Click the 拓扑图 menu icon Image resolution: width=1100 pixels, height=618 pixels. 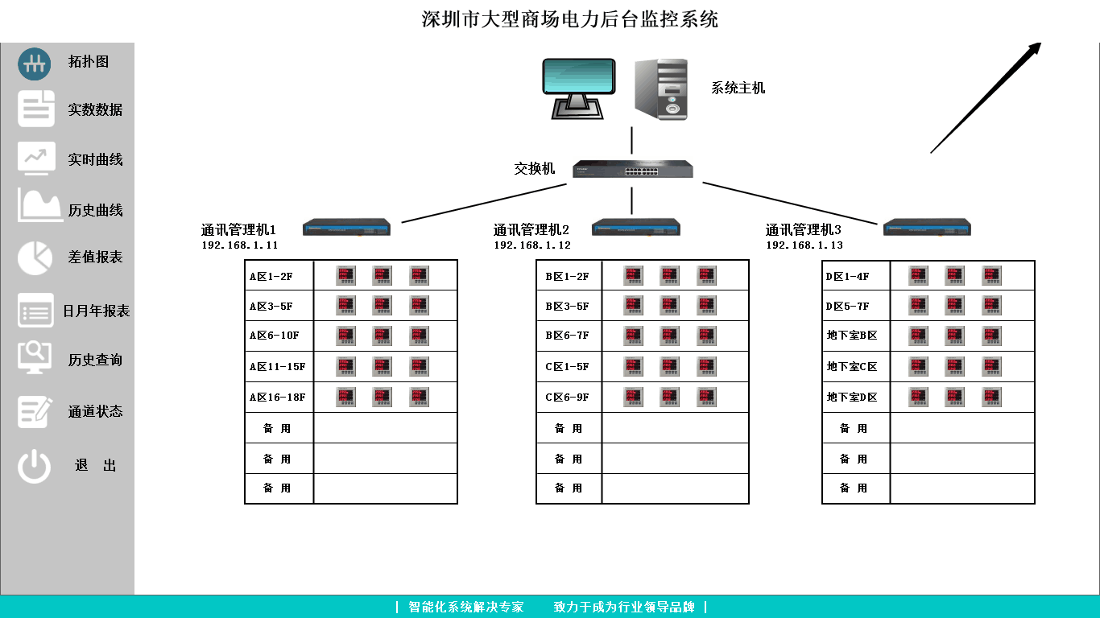click(x=35, y=64)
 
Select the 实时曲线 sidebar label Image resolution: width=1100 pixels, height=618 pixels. click(x=95, y=159)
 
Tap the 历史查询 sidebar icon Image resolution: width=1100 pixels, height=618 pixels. click(x=35, y=357)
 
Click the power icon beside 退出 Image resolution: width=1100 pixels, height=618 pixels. click(x=35, y=466)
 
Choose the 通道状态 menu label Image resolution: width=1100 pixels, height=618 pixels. click(x=95, y=411)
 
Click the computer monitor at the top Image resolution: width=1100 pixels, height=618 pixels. click(x=578, y=87)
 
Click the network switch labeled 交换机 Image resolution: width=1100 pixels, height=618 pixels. click(x=632, y=169)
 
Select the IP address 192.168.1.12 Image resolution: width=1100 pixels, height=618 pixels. click(x=532, y=245)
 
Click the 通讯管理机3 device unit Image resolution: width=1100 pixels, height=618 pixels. click(x=927, y=227)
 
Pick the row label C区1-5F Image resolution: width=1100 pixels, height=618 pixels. click(x=567, y=367)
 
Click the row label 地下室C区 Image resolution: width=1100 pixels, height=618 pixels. click(x=852, y=367)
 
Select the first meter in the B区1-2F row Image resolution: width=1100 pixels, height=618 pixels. click(x=633, y=276)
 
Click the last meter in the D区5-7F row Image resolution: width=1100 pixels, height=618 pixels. click(x=991, y=306)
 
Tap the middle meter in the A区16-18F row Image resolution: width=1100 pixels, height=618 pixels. click(x=382, y=397)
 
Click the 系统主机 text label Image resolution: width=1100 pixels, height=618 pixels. click(x=738, y=89)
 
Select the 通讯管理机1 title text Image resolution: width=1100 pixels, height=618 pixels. click(x=238, y=230)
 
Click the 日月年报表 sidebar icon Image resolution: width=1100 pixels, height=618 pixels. click(x=35, y=311)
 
